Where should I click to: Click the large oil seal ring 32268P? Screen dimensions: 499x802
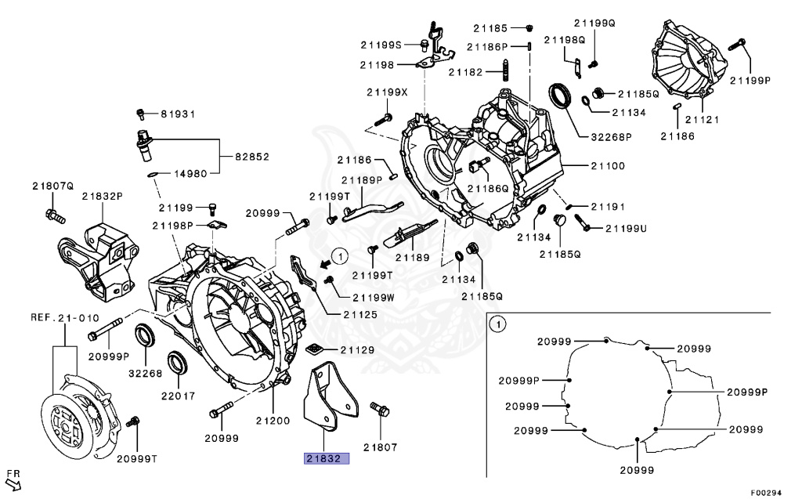click(562, 95)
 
